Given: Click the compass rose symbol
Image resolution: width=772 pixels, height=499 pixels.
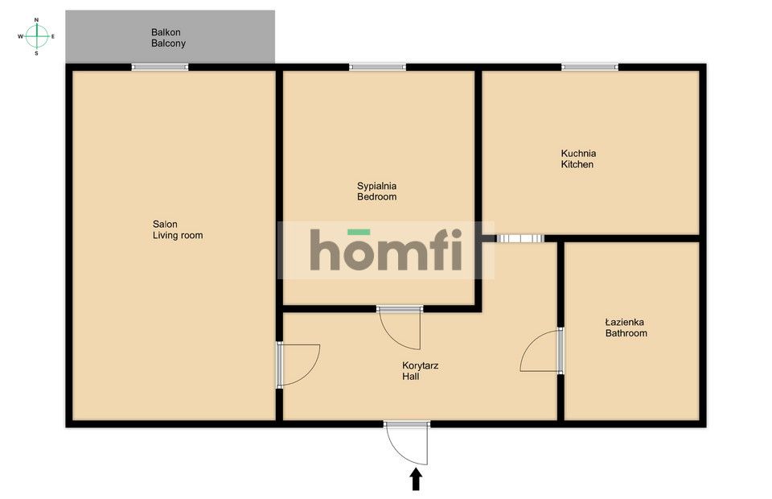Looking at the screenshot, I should coord(36,35).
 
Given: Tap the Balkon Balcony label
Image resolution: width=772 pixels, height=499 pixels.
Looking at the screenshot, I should coord(168,38).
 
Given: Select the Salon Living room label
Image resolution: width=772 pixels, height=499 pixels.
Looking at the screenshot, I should coord(178,230).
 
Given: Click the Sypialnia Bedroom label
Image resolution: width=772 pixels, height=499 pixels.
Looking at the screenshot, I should coord(377,191).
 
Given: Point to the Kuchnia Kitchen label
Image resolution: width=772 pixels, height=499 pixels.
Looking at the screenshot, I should coord(578,159).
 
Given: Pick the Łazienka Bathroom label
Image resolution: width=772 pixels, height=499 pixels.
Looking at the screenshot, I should coord(626,328).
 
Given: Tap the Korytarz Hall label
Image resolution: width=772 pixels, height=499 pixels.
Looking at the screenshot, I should coord(420,370).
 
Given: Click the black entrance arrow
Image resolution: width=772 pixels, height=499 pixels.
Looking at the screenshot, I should coord(416,479).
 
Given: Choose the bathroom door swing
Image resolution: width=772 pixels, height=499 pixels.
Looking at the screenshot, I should coord(541,352).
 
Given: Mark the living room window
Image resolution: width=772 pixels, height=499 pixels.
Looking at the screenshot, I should coord(160,67).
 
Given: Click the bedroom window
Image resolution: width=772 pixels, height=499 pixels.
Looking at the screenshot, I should coord(377,67).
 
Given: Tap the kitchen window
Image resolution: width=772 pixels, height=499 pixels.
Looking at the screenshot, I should coord(589,67).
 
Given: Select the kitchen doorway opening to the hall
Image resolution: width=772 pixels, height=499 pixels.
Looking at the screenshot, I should coord(520,238).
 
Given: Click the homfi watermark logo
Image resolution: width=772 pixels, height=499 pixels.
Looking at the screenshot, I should coord(386,250).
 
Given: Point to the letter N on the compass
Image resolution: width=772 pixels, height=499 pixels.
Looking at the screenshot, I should coord(36,19).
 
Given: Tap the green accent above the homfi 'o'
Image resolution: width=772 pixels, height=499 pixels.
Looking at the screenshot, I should coord(359,233).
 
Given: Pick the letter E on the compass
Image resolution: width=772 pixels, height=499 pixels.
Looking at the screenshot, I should coord(53,36).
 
